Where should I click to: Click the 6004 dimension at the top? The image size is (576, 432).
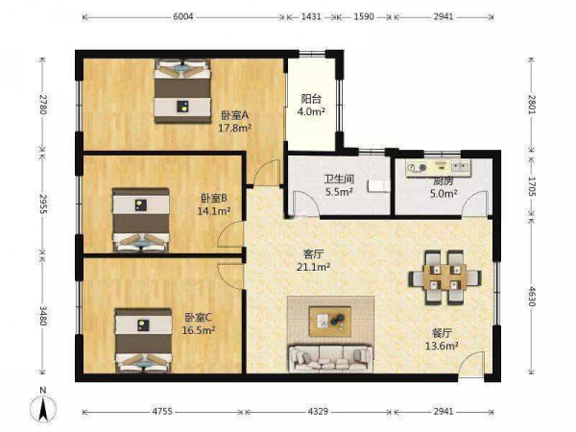point(183,16)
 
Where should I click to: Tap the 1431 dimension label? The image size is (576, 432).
point(311,16)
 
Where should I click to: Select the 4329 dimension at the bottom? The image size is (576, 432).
point(318,412)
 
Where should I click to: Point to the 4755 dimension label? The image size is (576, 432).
point(162,412)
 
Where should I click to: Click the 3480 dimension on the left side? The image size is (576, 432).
point(43,316)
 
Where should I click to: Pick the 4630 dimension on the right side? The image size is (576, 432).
point(532,296)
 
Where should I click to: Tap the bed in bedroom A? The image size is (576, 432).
point(182,91)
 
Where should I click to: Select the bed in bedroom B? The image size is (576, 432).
point(141,220)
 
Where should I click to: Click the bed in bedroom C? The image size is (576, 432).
point(144,340)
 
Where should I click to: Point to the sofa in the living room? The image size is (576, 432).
point(330,358)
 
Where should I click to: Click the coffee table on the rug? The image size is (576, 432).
point(330,322)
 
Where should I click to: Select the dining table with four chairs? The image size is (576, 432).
point(444,277)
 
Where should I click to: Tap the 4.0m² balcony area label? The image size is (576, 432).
point(311,111)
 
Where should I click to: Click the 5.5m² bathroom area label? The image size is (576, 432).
point(339,191)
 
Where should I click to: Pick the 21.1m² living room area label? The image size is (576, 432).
point(313,267)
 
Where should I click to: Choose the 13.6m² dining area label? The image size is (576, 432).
point(442,346)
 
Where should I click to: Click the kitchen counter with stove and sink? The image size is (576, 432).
point(439,168)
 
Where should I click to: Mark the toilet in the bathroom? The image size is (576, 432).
point(378,185)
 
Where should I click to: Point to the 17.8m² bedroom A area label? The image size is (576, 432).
point(235,128)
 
